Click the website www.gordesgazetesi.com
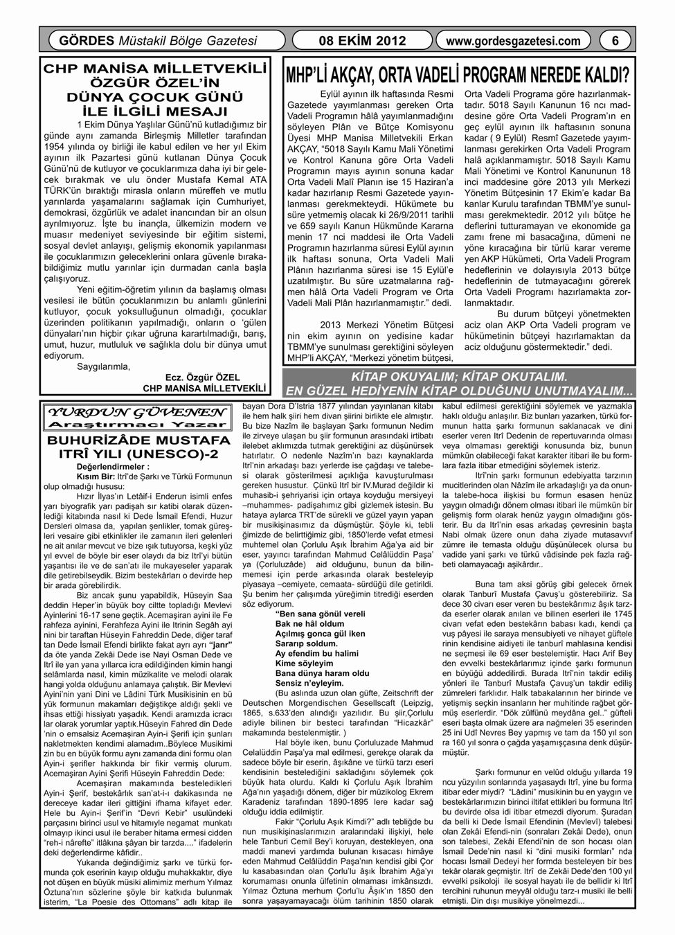click(x=514, y=42)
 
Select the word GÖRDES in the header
click(x=78, y=42)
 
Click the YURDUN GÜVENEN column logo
click(x=137, y=410)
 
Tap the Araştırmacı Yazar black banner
click(x=137, y=422)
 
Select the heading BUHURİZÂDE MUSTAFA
click(x=137, y=440)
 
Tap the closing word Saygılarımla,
click(x=104, y=367)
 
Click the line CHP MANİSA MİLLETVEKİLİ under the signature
click(x=204, y=388)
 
